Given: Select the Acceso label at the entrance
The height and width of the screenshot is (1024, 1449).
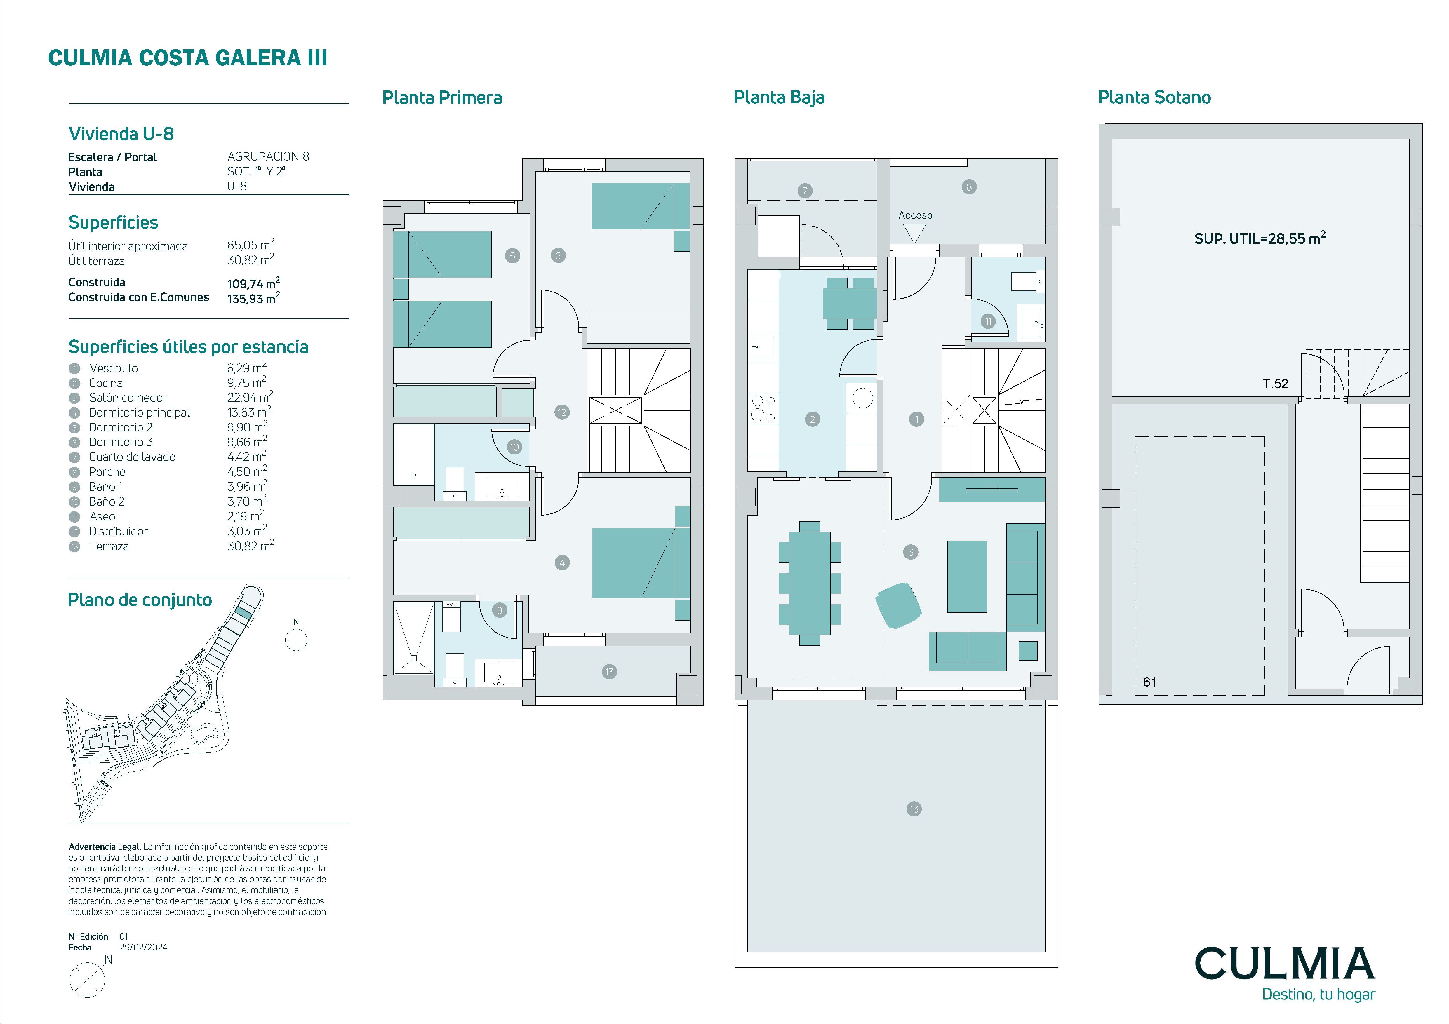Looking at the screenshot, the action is pos(915,215).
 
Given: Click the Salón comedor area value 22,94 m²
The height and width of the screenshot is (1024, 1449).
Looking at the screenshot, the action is pos(250,397).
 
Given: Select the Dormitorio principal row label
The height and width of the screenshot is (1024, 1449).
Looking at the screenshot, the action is pos(140,413).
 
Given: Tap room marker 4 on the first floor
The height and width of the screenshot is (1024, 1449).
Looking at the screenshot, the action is pos(562,563).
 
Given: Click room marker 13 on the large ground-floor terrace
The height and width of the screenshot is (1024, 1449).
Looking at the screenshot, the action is pos(914,809).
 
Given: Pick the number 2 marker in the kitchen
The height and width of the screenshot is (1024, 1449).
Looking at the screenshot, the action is pos(812,419).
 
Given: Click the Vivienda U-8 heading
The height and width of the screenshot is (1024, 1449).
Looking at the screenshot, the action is pos(121,134).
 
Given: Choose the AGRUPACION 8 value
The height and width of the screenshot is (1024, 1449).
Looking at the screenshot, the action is pos(268,156).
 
